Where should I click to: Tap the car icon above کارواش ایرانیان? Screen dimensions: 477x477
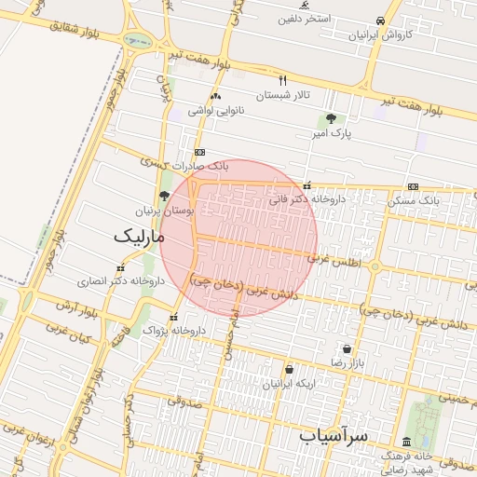pos(380,20)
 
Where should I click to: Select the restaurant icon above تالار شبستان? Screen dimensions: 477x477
pos(283,80)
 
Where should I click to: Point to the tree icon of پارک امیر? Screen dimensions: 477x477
pos(331,118)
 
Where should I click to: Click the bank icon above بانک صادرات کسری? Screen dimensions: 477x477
pos(198,152)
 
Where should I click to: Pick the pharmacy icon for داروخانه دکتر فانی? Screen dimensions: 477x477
pos(307,184)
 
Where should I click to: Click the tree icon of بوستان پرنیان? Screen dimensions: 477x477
pos(165,196)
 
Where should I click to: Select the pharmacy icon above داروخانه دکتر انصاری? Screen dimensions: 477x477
pos(120,267)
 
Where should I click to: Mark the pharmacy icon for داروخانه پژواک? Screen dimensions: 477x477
pos(173,317)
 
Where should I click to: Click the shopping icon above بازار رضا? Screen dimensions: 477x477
pos(347,348)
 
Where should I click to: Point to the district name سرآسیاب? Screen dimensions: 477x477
pos(335,434)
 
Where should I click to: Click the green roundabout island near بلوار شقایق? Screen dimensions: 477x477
pos(138,41)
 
